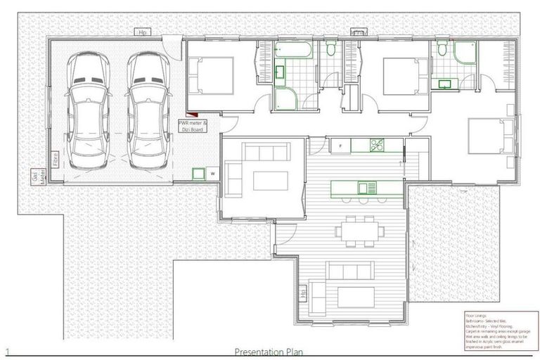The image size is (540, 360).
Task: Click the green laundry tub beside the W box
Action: pos(199,172)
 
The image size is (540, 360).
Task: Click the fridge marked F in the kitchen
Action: pos(340,146)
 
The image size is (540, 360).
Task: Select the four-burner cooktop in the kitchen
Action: pos(376,146)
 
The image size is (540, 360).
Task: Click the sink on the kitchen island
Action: pos(367,187)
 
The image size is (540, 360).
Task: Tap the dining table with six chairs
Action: pos(359,231)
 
